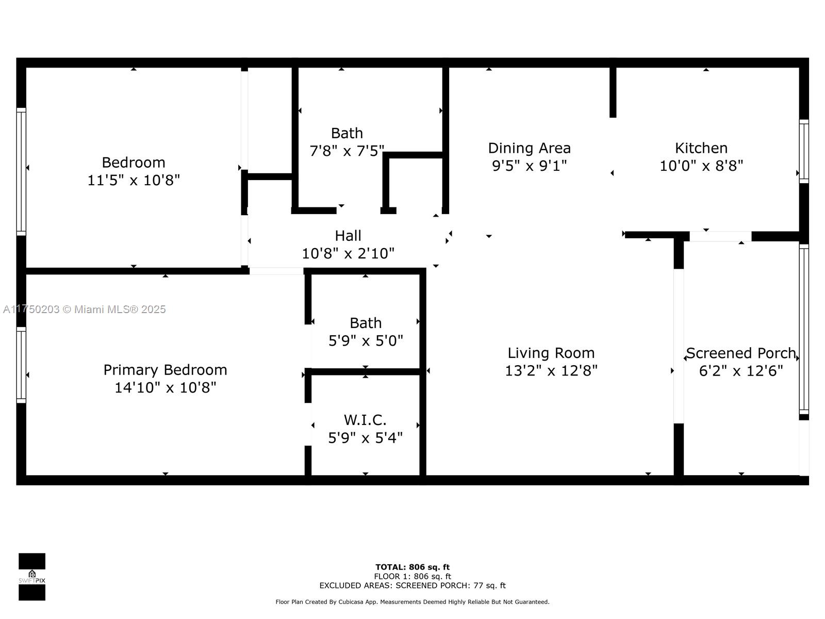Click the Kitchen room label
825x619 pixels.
(701, 148)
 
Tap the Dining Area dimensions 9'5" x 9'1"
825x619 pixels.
(529, 166)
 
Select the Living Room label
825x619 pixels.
(551, 353)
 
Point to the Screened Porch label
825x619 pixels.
(740, 353)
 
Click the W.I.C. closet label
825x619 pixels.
(365, 420)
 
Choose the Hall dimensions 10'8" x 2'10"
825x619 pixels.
(348, 253)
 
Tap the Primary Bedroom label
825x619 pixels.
(165, 370)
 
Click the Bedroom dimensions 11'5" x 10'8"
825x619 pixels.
(134, 180)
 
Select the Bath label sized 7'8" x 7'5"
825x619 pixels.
(347, 133)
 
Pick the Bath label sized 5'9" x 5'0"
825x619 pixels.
(366, 323)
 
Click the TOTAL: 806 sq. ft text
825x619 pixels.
(412, 567)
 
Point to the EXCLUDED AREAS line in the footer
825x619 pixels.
(412, 585)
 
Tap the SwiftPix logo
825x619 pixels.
(32, 577)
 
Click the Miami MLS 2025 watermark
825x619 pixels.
(84, 309)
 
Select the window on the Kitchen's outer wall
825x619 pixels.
(804, 151)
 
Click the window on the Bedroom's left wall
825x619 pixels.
(21, 171)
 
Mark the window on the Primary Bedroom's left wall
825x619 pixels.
(21, 365)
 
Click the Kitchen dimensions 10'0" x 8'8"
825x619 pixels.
(701, 166)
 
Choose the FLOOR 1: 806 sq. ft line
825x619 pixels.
(412, 576)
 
